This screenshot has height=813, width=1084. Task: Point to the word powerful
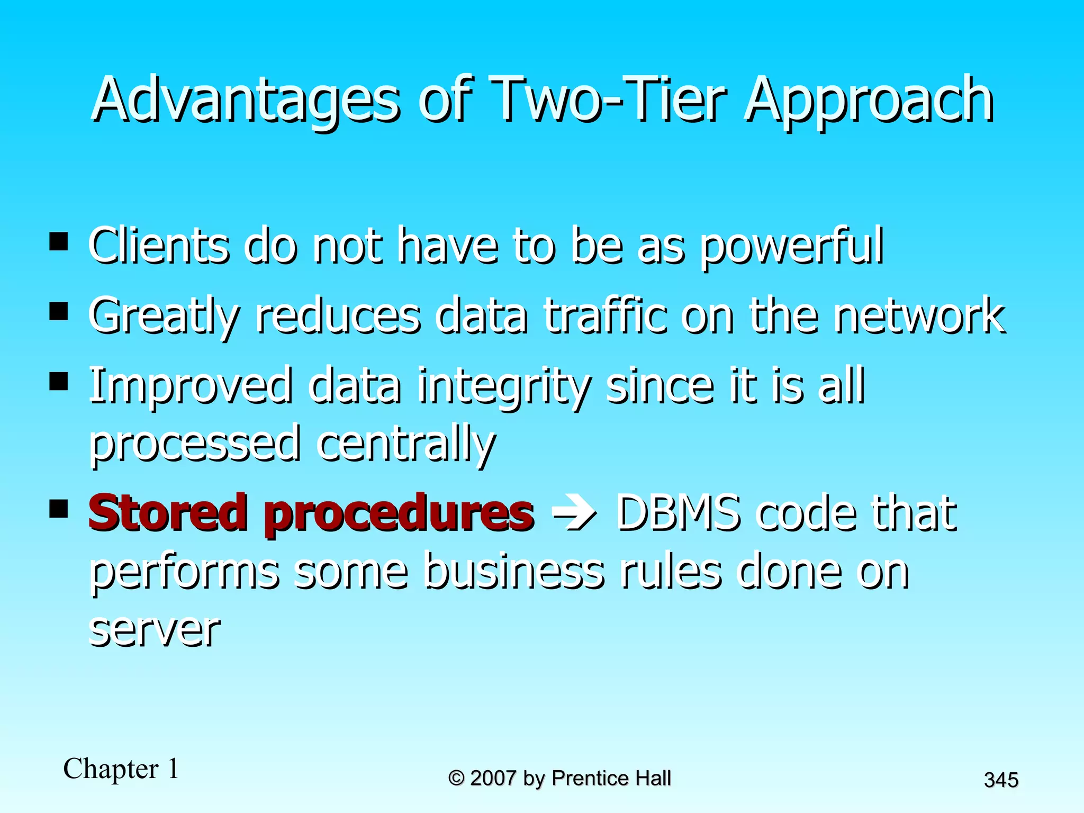[x=791, y=247]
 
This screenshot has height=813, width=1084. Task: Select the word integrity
[x=503, y=386]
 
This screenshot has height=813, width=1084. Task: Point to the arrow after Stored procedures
[x=574, y=513]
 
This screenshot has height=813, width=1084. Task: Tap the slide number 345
[x=1001, y=780]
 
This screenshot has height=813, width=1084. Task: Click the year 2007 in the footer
[x=493, y=779]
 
